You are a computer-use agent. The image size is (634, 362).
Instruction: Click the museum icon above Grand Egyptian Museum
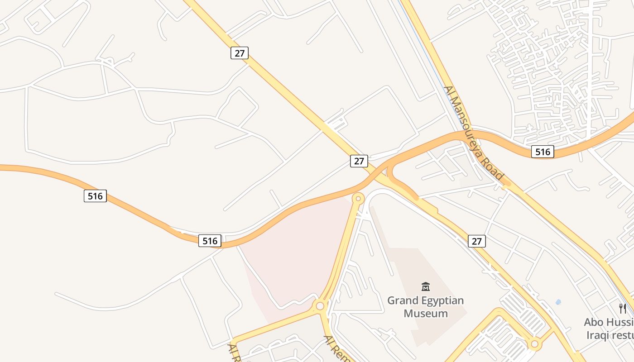coord(426,286)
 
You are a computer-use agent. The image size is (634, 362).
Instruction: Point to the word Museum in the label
coord(426,313)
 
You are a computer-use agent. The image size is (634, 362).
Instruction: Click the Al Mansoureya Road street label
coord(474,133)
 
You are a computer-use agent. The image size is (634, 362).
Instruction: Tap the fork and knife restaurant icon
coord(623,309)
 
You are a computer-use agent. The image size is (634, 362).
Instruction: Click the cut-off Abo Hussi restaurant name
coord(609,322)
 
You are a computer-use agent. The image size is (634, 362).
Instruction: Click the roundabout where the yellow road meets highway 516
coord(358,198)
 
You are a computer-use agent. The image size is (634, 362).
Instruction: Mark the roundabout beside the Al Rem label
coord(320,306)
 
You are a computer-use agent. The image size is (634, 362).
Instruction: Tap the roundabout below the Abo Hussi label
coord(535,344)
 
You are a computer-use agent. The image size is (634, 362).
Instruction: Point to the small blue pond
coord(558,302)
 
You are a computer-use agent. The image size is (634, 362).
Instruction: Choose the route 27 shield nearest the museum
coord(476,241)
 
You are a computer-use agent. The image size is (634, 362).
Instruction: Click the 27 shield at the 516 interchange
coord(359,161)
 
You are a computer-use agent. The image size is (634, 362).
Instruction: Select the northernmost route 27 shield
coord(240,53)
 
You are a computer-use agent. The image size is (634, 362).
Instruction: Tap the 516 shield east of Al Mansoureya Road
coord(543,152)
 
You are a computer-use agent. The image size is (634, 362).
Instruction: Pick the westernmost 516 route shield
coord(95,196)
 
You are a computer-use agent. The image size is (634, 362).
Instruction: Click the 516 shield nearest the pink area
coord(210,241)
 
